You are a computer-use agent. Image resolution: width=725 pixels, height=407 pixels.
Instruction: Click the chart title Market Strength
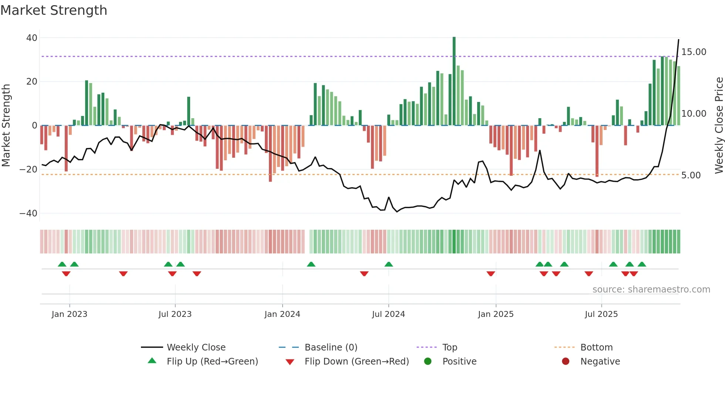[54, 10]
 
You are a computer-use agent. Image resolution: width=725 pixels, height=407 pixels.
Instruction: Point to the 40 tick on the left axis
[32, 38]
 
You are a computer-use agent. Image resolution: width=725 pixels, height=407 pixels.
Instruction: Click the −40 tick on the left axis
[28, 213]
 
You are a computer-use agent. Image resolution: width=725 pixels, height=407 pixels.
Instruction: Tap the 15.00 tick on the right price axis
[694, 52]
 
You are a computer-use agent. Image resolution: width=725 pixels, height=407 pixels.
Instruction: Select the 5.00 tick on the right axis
[691, 175]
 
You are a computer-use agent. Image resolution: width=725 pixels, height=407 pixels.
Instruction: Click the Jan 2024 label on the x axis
[282, 314]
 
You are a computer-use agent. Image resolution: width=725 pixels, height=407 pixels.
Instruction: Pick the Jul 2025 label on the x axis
[601, 314]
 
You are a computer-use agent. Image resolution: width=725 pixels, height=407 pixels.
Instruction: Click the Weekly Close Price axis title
[719, 125]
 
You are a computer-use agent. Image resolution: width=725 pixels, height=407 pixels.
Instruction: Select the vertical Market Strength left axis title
[6, 125]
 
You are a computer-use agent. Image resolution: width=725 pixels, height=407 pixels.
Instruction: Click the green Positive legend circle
[428, 362]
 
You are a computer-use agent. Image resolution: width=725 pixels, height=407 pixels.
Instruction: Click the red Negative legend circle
[566, 362]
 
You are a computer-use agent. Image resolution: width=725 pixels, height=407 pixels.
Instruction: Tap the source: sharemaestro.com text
[651, 290]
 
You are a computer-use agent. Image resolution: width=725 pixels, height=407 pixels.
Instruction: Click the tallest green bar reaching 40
[454, 81]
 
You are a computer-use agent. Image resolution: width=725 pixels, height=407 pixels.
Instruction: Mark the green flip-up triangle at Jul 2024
[388, 264]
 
